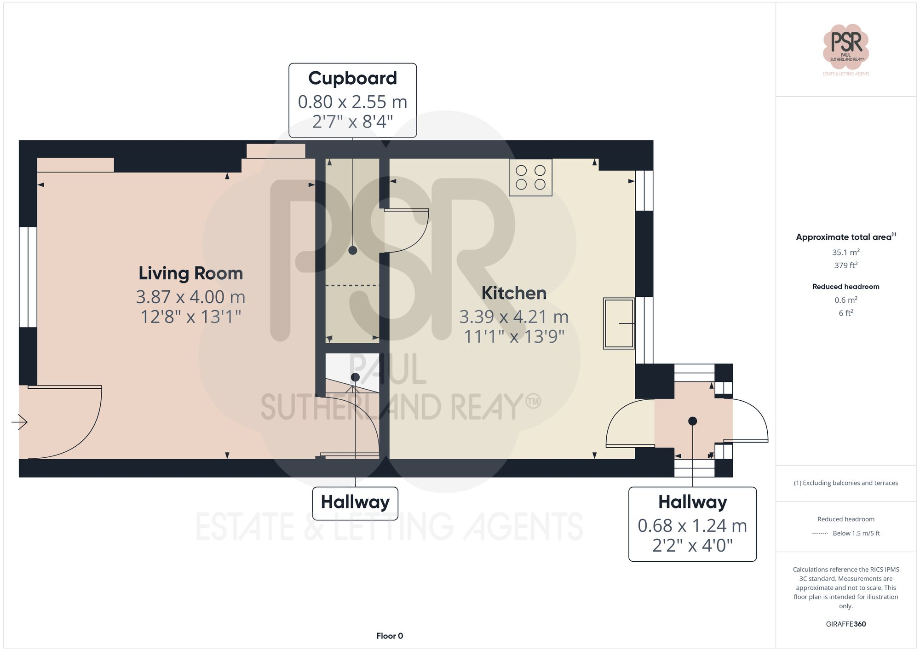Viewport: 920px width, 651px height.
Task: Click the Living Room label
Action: pyautogui.click(x=190, y=273)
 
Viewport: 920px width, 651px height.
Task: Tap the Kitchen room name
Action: pyautogui.click(x=514, y=293)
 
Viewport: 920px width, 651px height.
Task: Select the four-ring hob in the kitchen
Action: pyautogui.click(x=530, y=178)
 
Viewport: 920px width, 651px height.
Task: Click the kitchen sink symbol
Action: pyautogui.click(x=619, y=323)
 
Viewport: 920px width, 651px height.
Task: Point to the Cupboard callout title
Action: pyautogui.click(x=352, y=78)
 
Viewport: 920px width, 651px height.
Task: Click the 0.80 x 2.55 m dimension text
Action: pyautogui.click(x=352, y=102)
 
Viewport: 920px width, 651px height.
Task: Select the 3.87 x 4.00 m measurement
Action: pyautogui.click(x=190, y=297)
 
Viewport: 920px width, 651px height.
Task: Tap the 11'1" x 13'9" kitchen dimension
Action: pyautogui.click(x=514, y=336)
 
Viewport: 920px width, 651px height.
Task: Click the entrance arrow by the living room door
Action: pyautogui.click(x=19, y=422)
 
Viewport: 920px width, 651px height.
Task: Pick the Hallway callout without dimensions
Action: pyautogui.click(x=355, y=502)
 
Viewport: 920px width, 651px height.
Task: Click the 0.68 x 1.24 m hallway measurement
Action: pyautogui.click(x=692, y=525)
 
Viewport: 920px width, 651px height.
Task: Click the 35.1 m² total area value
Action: pyautogui.click(x=845, y=252)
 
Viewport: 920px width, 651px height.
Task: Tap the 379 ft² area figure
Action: pyautogui.click(x=845, y=265)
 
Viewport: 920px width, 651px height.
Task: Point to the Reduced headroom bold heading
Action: pyautogui.click(x=845, y=287)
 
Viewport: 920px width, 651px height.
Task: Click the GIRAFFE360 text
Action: pyautogui.click(x=845, y=624)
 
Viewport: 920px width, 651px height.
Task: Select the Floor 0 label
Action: pyautogui.click(x=390, y=636)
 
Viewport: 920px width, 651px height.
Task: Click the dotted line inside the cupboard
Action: pyautogui.click(x=352, y=286)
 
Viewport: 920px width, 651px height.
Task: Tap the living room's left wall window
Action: pyautogui.click(x=28, y=277)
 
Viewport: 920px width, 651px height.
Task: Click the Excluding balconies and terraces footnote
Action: pyautogui.click(x=845, y=483)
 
